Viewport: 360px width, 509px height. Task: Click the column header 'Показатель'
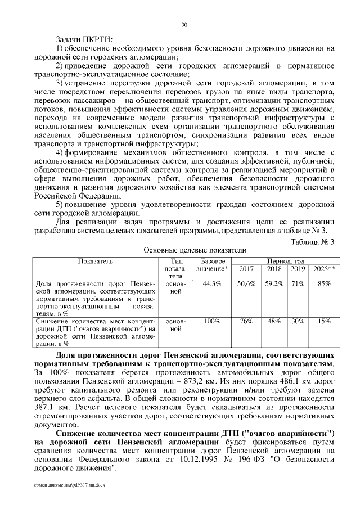click(96, 262)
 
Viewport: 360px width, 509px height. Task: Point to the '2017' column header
click(246, 269)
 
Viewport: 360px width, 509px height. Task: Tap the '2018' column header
click(274, 269)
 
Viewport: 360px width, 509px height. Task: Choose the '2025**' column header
click(324, 269)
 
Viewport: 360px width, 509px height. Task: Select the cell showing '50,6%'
click(246, 284)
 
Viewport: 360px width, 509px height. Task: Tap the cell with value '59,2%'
click(274, 284)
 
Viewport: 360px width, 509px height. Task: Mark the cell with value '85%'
click(324, 284)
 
